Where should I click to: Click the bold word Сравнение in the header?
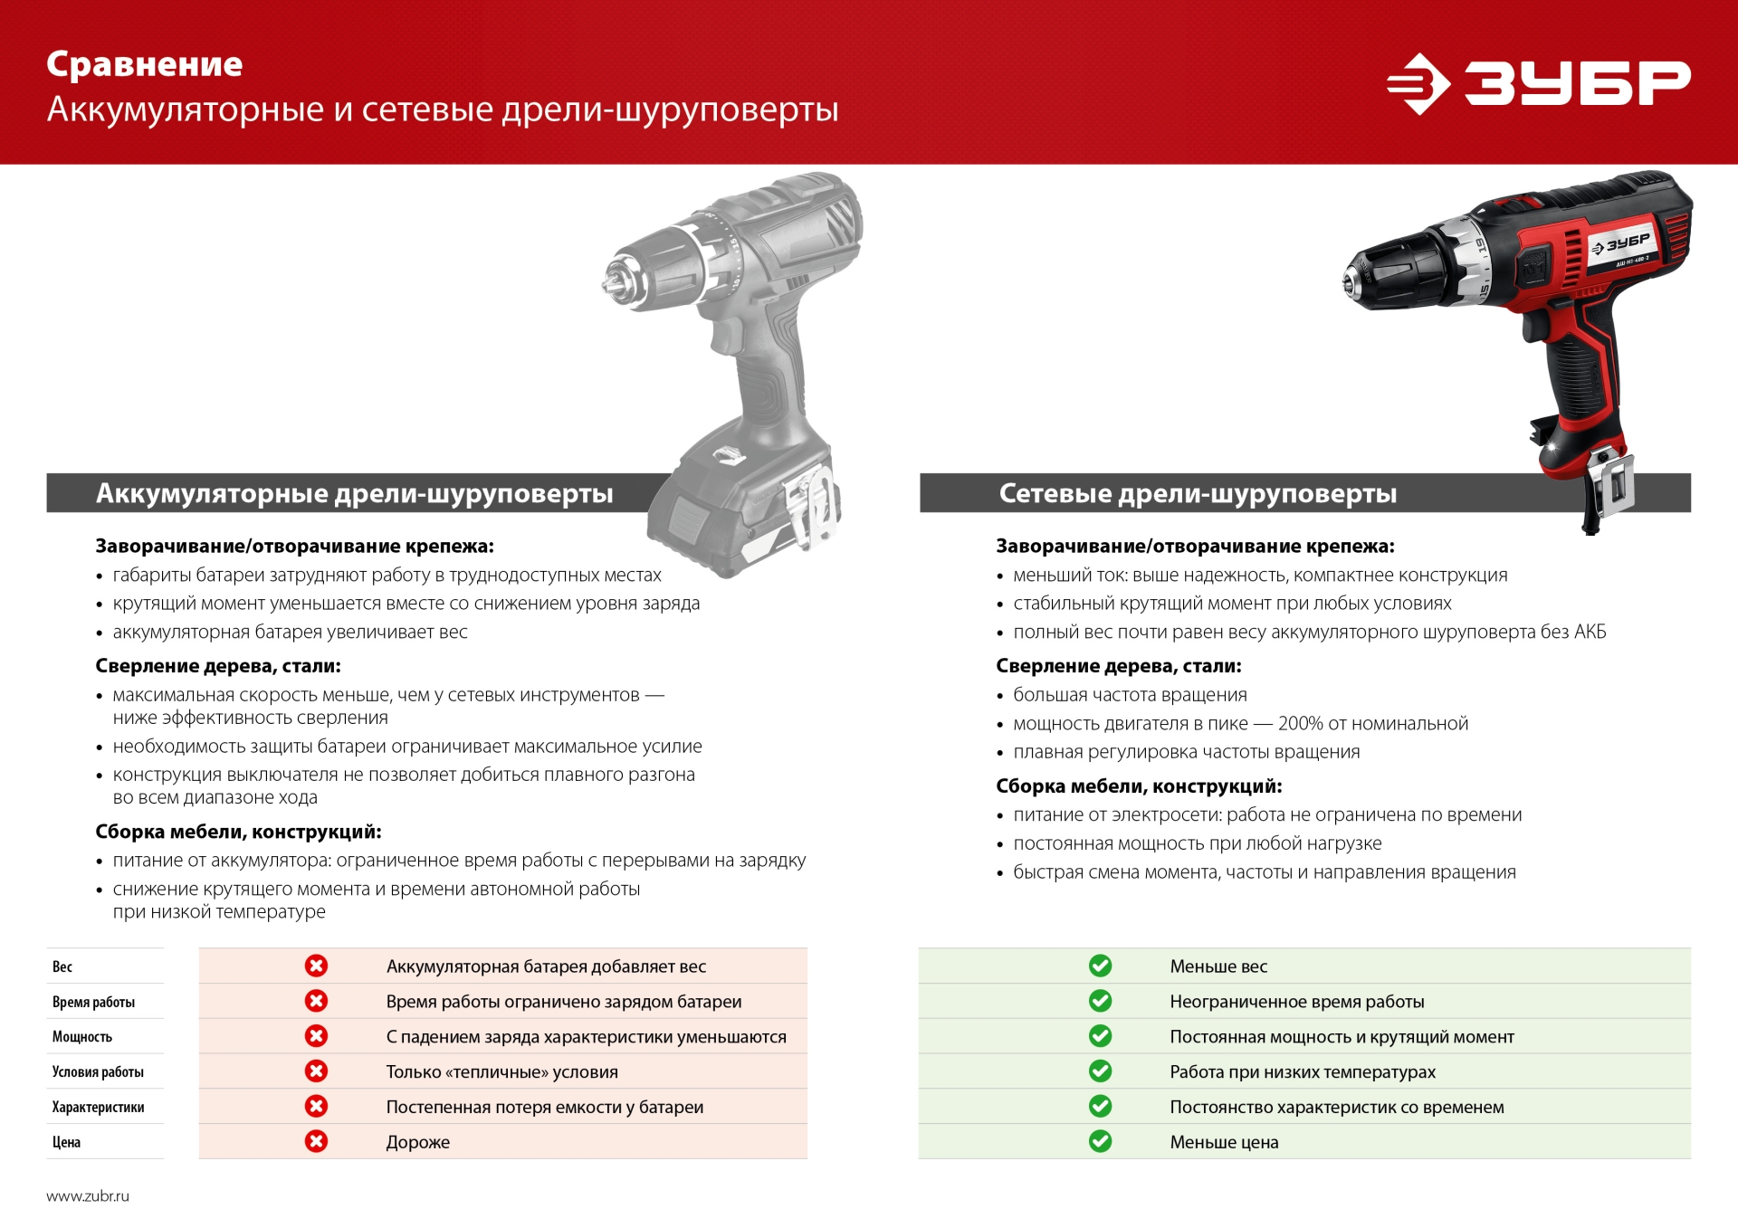pyautogui.click(x=145, y=64)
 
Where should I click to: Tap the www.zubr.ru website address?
pyautogui.click(x=88, y=1195)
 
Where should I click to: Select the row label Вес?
pyautogui.click(x=62, y=966)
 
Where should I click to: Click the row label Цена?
pyautogui.click(x=66, y=1142)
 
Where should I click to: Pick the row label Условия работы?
pyautogui.click(x=98, y=1071)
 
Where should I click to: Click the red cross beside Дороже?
pyautogui.click(x=316, y=1141)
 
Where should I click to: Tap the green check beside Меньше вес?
pyautogui.click(x=1100, y=966)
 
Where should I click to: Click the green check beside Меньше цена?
pyautogui.click(x=1100, y=1141)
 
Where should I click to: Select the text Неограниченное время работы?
pyautogui.click(x=1296, y=1002)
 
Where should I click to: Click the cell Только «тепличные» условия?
pyautogui.click(x=501, y=1071)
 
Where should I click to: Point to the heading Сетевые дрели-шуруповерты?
pyautogui.click(x=1197, y=493)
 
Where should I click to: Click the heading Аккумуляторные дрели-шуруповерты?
pyautogui.click(x=354, y=493)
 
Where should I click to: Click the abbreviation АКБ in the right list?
pyautogui.click(x=1590, y=632)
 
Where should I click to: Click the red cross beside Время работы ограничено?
pyautogui.click(x=316, y=1001)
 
